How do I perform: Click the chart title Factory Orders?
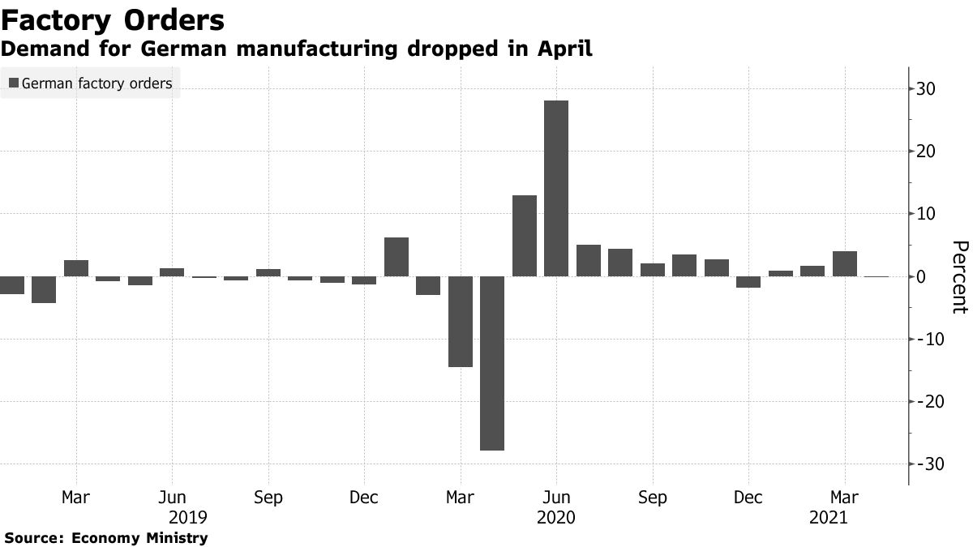(113, 19)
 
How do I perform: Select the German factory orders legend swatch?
(13, 83)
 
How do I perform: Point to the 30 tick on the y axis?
(929, 89)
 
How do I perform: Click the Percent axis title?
(959, 277)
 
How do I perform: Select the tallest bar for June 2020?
(556, 188)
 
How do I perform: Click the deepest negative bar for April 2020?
(492, 363)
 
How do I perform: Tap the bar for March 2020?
(461, 321)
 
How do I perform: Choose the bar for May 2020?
(525, 236)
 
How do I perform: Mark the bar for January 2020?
(396, 257)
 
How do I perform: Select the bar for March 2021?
(845, 264)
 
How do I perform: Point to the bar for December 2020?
(748, 282)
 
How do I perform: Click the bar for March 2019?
(76, 268)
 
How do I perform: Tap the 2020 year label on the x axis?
(556, 517)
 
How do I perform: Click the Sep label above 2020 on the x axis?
(653, 497)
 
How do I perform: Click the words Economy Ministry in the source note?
(139, 537)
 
